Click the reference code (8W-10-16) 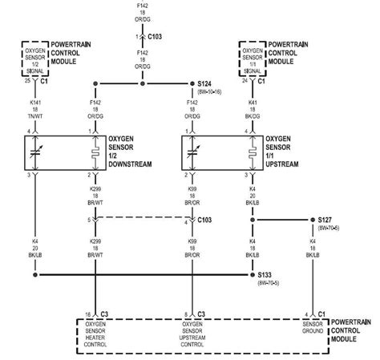click(x=211, y=93)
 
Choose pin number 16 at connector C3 click(x=87, y=313)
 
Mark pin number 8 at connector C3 click(x=186, y=313)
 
